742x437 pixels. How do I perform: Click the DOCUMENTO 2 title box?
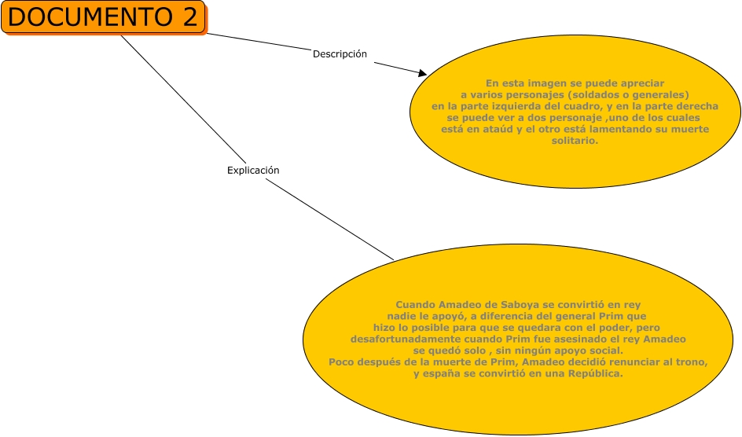(103, 17)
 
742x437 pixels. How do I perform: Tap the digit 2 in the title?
(189, 17)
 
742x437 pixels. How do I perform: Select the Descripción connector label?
(340, 54)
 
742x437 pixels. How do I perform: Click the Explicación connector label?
(253, 170)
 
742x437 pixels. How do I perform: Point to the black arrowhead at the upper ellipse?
(422, 74)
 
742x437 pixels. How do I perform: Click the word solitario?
(576, 141)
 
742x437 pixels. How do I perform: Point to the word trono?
(693, 362)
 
